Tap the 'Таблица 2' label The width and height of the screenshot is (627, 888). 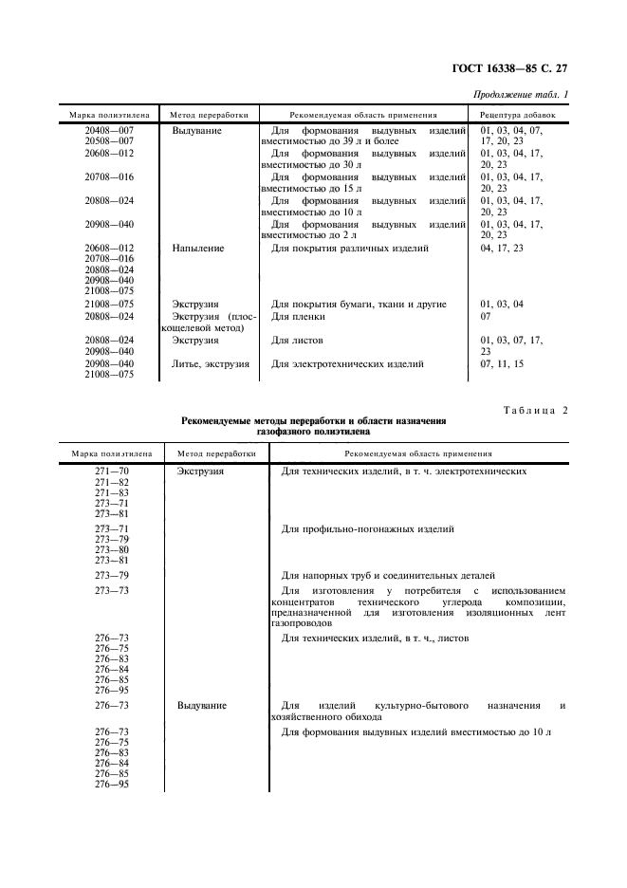coord(538,409)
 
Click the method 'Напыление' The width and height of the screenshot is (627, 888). coord(197,248)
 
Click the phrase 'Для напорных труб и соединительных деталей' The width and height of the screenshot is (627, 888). coord(389,575)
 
